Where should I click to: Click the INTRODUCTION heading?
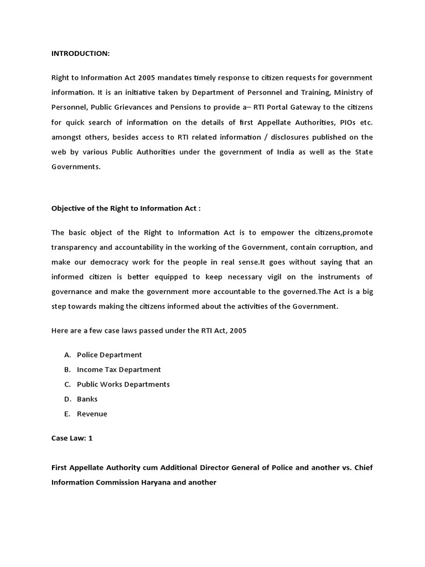[x=81, y=53]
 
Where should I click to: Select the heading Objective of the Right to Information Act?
[x=126, y=209]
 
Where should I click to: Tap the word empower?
[x=278, y=231]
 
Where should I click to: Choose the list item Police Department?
[x=110, y=354]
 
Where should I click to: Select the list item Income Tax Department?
[x=119, y=369]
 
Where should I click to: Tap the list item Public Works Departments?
[x=123, y=384]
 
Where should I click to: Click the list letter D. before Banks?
[x=68, y=399]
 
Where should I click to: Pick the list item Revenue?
[x=92, y=414]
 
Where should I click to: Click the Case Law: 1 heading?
[x=72, y=438]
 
